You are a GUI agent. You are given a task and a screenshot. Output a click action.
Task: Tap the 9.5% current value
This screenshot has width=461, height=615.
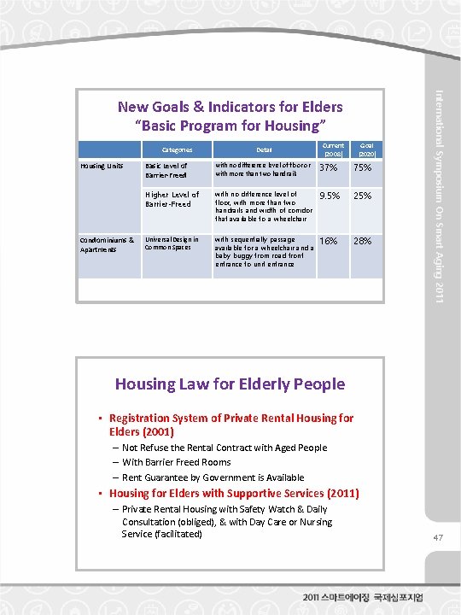(x=330, y=196)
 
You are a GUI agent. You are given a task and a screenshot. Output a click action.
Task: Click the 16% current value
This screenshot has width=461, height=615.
(x=328, y=241)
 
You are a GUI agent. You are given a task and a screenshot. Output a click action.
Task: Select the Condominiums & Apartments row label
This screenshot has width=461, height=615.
(x=108, y=244)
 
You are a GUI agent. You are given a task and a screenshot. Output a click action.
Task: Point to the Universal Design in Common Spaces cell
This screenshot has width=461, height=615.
(x=172, y=244)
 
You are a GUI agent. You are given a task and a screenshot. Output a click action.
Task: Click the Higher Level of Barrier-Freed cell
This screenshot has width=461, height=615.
(x=172, y=199)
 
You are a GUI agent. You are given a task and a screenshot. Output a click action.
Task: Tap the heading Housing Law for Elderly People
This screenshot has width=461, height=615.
(x=230, y=384)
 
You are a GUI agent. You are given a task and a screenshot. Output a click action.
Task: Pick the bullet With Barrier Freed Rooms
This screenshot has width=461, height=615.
(x=176, y=462)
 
